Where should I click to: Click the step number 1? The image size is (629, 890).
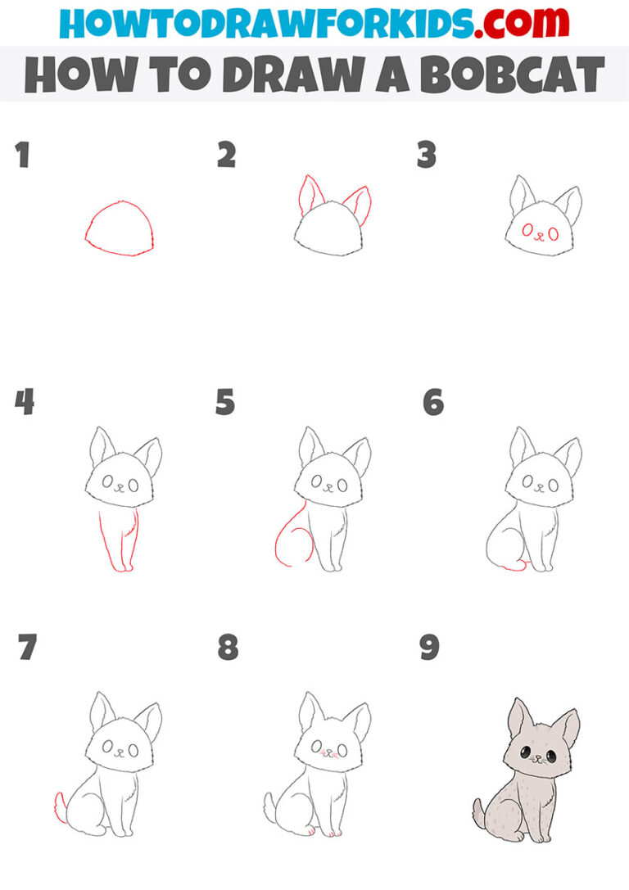pyautogui.click(x=23, y=155)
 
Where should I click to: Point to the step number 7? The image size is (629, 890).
pyautogui.click(x=26, y=648)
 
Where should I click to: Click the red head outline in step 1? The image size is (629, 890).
pyautogui.click(x=119, y=228)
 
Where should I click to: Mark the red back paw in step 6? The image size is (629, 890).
pyautogui.click(x=514, y=567)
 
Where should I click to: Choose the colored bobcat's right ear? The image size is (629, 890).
pyautogui.click(x=566, y=727)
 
